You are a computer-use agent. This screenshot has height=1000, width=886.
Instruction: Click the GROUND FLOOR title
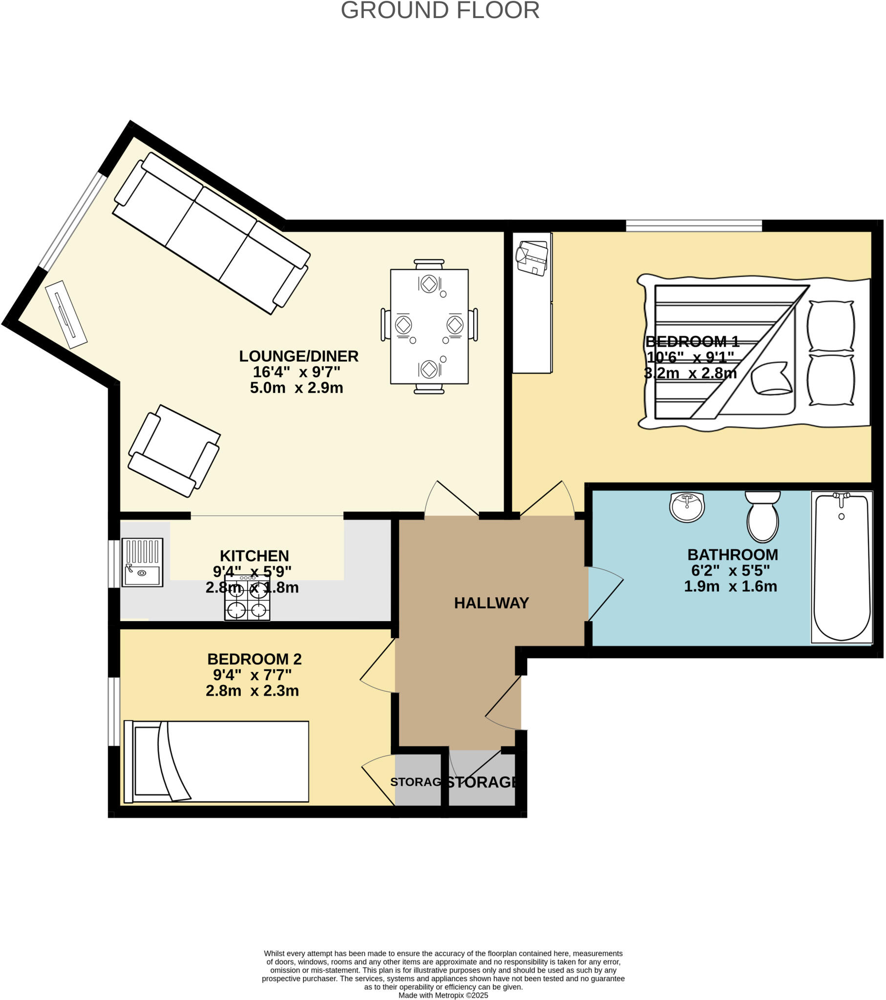440,10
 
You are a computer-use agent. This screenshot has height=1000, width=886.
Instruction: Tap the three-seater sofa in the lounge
211,233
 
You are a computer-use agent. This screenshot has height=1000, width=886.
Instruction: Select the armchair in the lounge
174,451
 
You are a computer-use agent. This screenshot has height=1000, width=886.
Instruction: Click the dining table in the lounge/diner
429,326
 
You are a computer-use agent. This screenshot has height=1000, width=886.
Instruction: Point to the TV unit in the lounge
66,314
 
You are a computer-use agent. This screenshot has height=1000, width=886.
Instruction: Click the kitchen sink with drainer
142,562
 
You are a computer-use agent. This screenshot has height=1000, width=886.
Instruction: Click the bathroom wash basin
687,507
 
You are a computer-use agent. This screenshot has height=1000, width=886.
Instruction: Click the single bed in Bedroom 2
216,762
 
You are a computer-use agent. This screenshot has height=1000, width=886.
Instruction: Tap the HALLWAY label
491,603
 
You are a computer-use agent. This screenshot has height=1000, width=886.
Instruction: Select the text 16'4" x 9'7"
296,372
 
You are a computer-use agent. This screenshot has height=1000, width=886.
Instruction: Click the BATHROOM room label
732,555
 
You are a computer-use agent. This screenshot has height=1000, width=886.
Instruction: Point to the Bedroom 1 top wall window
694,226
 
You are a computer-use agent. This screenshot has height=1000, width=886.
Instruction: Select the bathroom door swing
605,592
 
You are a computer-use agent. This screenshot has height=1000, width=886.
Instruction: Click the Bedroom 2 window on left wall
114,711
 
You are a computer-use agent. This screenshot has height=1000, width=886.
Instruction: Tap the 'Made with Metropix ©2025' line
443,995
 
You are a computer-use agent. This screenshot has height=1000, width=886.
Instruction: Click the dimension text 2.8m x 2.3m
252,691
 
